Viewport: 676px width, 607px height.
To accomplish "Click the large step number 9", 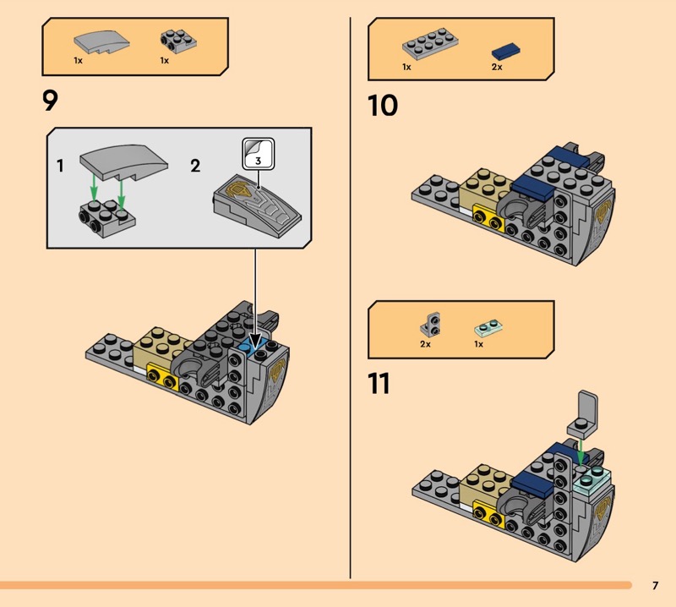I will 51,101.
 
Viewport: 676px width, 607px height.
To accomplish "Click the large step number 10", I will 382,107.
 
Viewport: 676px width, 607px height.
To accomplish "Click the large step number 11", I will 379,383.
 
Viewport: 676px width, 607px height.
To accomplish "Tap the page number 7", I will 655,585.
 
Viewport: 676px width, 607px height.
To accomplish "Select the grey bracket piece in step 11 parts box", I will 429,324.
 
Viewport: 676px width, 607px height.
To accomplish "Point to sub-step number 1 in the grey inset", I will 60,166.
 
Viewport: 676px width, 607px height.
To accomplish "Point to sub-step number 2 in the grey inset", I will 195,166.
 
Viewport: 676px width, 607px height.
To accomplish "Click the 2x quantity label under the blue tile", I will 497,67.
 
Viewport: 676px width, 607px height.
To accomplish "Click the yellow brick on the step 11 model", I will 488,510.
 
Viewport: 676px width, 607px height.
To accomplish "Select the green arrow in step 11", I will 582,451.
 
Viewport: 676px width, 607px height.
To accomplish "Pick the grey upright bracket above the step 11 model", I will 587,414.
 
